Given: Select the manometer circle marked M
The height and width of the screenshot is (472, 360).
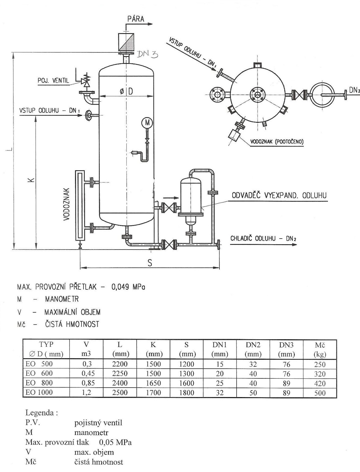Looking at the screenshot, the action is pyautogui.click(x=147, y=123).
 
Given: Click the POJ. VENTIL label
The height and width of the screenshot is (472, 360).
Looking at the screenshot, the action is pyautogui.click(x=53, y=81).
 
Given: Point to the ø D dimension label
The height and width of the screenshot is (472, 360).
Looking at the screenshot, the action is pyautogui.click(x=126, y=91).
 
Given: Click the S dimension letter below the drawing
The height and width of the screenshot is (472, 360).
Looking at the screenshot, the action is pyautogui.click(x=150, y=263).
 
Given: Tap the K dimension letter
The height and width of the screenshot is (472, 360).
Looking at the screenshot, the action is pyautogui.click(x=32, y=180).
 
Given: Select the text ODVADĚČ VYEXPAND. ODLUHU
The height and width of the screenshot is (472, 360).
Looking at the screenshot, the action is pyautogui.click(x=279, y=195).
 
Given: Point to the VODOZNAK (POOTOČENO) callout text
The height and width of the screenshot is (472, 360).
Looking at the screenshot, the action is pyautogui.click(x=277, y=142).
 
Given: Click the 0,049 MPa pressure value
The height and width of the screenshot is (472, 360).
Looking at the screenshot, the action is pyautogui.click(x=128, y=287).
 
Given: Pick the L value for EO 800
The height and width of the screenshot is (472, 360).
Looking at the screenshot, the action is pyautogui.click(x=120, y=383).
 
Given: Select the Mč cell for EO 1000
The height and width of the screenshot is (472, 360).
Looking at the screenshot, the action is pyautogui.click(x=320, y=393).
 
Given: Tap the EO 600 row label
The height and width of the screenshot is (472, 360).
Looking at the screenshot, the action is pyautogui.click(x=39, y=373).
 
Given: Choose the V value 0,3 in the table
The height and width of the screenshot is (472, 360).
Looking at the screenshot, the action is pyautogui.click(x=87, y=364).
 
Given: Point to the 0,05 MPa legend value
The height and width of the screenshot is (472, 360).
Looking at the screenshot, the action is pyautogui.click(x=115, y=442).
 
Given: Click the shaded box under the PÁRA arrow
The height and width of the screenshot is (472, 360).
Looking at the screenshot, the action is pyautogui.click(x=126, y=43).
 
